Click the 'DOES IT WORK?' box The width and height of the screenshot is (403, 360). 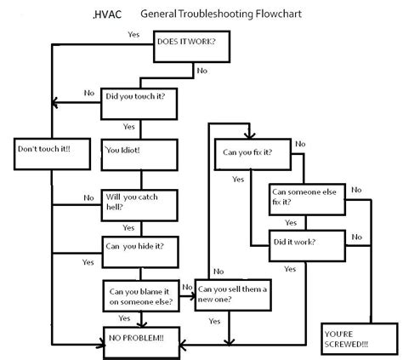click(x=191, y=47)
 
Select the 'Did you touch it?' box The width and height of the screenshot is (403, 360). click(x=139, y=104)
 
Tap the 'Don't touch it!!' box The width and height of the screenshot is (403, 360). click(x=52, y=154)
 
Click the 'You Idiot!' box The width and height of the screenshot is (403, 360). click(x=139, y=155)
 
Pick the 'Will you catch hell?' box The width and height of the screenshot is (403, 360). click(x=139, y=205)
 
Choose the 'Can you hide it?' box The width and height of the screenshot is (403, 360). click(x=140, y=252)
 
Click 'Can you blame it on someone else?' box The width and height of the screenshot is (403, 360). click(x=141, y=296)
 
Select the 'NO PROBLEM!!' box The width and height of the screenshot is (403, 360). click(x=142, y=343)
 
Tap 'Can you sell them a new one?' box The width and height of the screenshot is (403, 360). click(x=233, y=295)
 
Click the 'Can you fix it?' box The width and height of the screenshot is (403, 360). click(x=253, y=154)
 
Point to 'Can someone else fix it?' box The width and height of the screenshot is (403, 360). click(x=307, y=199)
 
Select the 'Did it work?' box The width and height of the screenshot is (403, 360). click(x=307, y=246)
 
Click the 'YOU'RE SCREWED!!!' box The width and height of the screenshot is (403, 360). click(x=360, y=339)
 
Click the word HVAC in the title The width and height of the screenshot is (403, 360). click(x=108, y=14)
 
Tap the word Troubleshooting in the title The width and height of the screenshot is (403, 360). click(x=216, y=14)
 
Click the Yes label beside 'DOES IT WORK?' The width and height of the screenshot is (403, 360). click(x=133, y=34)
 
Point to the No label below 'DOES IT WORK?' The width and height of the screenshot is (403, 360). click(x=202, y=71)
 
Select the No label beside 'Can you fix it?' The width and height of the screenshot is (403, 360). click(x=300, y=144)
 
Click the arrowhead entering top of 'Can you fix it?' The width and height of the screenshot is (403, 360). click(x=249, y=135)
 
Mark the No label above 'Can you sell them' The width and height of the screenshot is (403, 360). click(x=219, y=271)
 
